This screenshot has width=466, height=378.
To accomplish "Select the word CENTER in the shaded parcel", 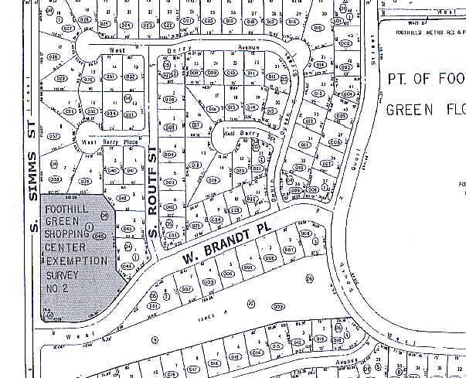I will pos(68,248).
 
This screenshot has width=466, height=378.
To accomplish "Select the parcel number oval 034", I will pos(112,114).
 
